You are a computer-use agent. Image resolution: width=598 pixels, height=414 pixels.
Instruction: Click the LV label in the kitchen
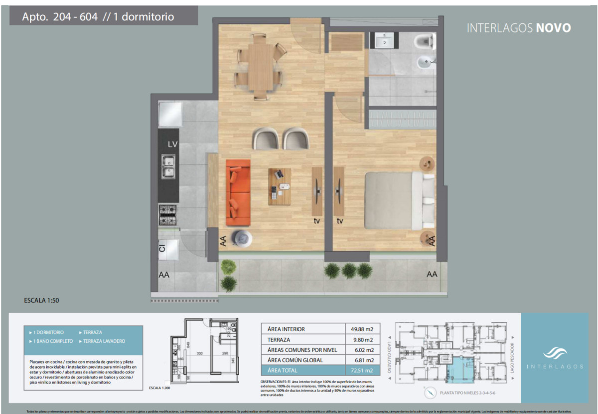pyautogui.click(x=173, y=144)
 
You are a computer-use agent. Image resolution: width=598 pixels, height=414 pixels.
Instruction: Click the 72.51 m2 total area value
pyautogui.click(x=362, y=370)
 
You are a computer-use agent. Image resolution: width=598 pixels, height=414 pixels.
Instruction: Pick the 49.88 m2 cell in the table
pyautogui.click(x=362, y=329)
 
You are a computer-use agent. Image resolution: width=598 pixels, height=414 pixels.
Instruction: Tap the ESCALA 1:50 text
pyautogui.click(x=42, y=300)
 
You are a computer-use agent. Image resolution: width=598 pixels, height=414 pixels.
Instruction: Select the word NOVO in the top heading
pyautogui.click(x=553, y=28)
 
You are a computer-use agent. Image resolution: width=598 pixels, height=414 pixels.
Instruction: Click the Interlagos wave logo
pyautogui.click(x=555, y=353)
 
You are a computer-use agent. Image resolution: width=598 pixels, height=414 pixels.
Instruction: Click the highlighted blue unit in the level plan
pyautogui.click(x=463, y=371)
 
